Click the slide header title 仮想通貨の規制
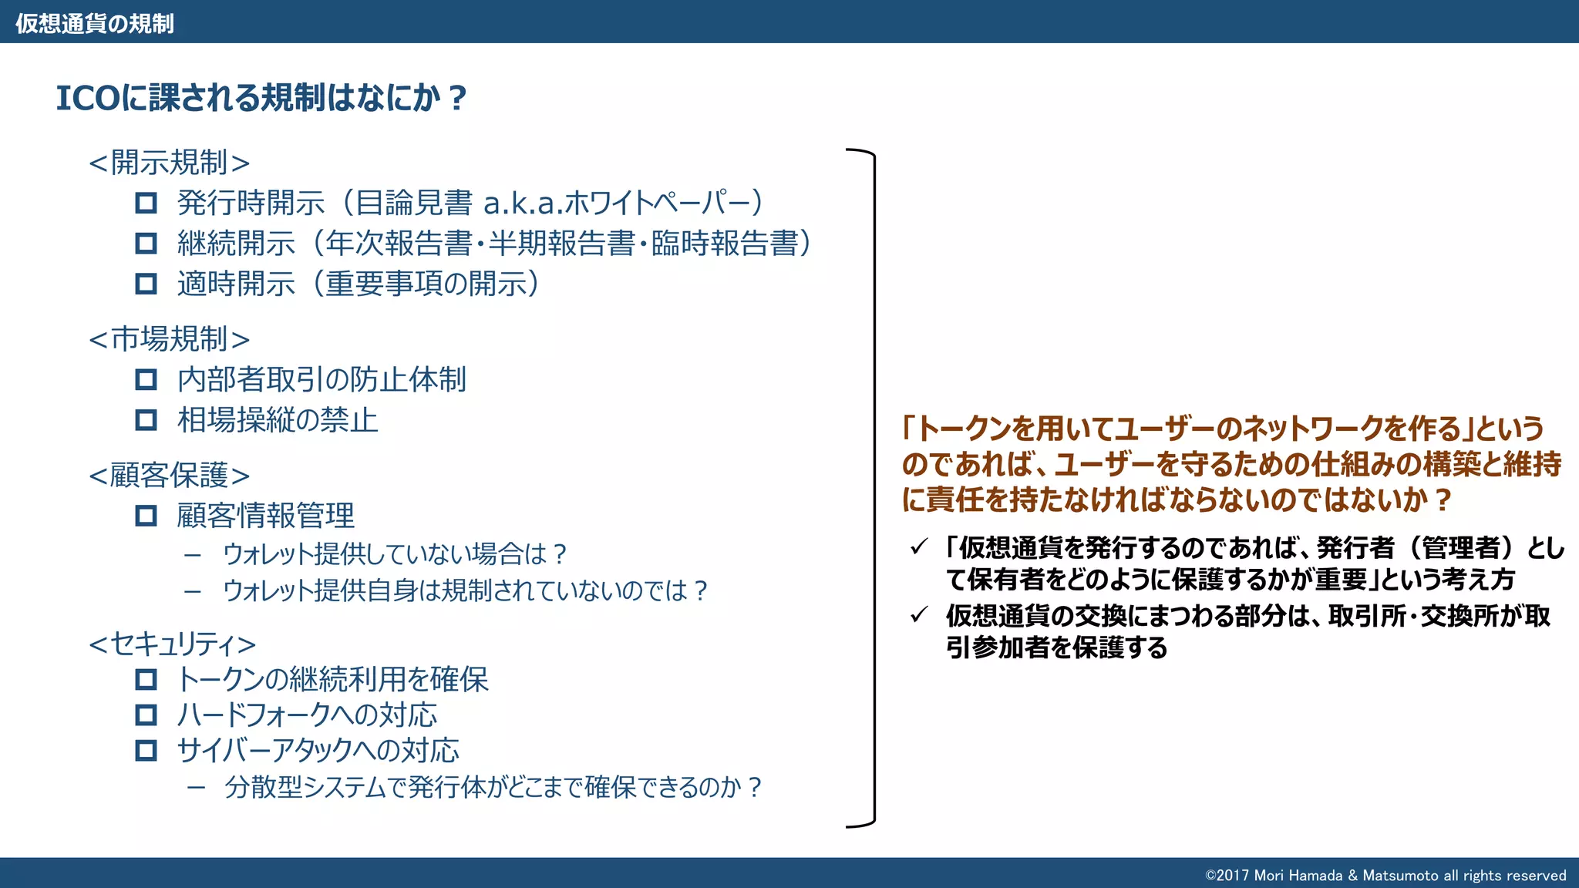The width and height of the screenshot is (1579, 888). click(95, 23)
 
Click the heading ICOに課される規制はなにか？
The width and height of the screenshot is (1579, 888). click(261, 98)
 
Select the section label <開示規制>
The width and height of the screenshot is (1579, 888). click(170, 163)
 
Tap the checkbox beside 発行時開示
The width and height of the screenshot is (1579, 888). click(146, 203)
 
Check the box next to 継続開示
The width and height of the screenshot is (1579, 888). click(146, 244)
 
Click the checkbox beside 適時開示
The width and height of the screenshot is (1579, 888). click(146, 284)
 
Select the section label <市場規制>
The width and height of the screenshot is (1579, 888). click(170, 339)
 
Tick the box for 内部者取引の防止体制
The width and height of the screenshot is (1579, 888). click(146, 379)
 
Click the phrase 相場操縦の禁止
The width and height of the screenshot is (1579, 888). click(278, 420)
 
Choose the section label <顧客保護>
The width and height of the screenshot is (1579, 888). click(170, 476)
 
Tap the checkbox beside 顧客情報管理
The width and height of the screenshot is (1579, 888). click(146, 516)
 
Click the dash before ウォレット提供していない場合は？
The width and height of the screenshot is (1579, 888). click(193, 554)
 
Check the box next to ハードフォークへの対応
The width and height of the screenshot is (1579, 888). click(146, 715)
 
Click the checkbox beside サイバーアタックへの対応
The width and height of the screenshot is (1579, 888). click(146, 751)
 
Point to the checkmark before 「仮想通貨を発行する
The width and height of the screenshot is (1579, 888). click(918, 547)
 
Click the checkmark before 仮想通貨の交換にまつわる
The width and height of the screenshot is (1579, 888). click(918, 615)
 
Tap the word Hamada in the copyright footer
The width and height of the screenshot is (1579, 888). click(1315, 875)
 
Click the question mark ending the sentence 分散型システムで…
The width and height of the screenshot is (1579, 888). click(755, 787)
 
